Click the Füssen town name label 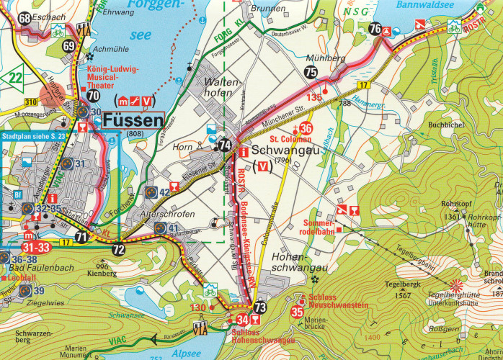tap(134, 120)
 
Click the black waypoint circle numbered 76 tap(375, 29)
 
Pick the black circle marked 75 tap(311, 71)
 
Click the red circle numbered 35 tap(297, 312)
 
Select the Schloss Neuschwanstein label tap(338, 302)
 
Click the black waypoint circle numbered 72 tap(118, 250)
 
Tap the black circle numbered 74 tap(226, 145)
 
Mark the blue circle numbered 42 tap(150, 192)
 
